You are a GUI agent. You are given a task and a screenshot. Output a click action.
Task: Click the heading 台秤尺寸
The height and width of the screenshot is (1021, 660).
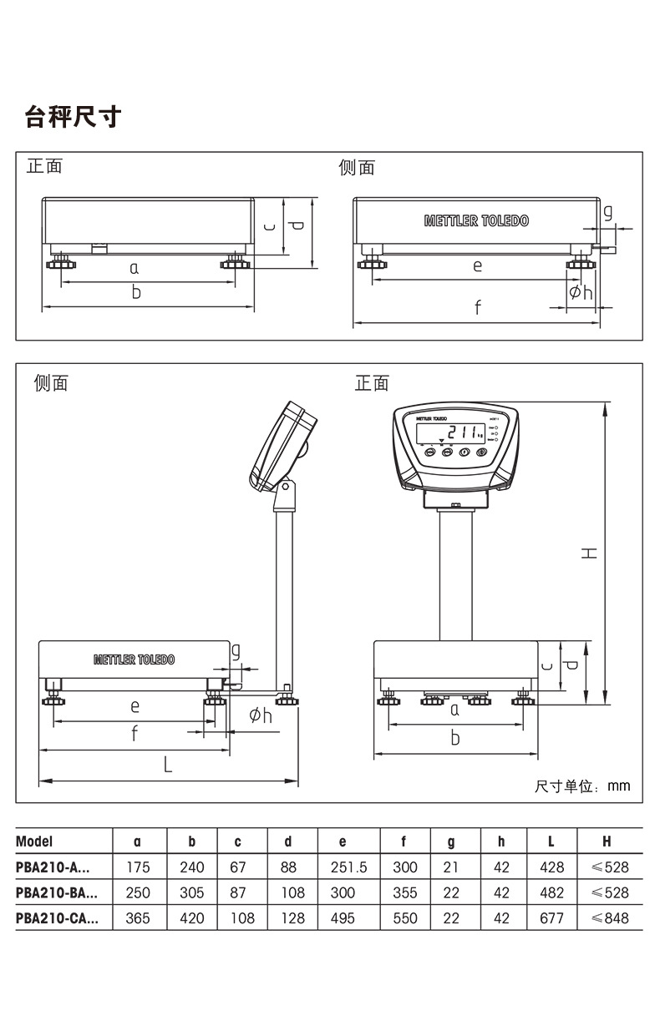click(x=74, y=118)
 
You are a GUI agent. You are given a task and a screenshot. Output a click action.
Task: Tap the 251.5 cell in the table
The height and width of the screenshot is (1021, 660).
click(x=348, y=867)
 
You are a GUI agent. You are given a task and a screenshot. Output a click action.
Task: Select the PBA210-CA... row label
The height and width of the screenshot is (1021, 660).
click(x=57, y=918)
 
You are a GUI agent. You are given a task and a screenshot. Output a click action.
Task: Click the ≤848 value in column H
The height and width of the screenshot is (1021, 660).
click(x=609, y=918)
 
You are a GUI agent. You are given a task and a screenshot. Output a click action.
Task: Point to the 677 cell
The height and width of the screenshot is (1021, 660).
click(x=551, y=918)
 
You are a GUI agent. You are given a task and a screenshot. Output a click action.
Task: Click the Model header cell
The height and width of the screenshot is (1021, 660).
click(x=34, y=842)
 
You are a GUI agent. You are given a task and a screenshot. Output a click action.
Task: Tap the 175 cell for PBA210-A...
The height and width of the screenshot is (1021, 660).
click(x=138, y=867)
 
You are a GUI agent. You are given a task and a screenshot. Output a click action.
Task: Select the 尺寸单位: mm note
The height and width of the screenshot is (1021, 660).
click(x=582, y=786)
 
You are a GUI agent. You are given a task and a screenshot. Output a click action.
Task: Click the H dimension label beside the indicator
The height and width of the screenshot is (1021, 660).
click(x=590, y=553)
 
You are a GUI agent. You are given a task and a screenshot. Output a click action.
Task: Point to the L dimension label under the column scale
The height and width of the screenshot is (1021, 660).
click(x=167, y=764)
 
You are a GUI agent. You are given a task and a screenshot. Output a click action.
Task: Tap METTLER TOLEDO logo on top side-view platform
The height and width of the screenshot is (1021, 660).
click(x=476, y=221)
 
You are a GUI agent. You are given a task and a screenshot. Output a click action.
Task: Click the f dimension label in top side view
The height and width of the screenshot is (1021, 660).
click(x=477, y=308)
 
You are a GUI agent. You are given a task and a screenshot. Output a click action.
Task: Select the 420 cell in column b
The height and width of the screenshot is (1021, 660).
click(x=191, y=918)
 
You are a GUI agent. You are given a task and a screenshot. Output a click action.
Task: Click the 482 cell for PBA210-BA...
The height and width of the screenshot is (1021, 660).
click(x=551, y=892)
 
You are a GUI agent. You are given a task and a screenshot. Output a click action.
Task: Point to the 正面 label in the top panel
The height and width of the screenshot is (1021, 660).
click(x=44, y=166)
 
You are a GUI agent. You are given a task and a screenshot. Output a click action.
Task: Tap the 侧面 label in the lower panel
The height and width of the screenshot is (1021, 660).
click(x=51, y=383)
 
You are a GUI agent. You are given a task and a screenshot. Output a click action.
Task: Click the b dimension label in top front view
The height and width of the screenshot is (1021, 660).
click(x=136, y=293)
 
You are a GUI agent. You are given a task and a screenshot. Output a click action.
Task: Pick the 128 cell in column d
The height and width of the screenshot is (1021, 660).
click(x=292, y=918)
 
